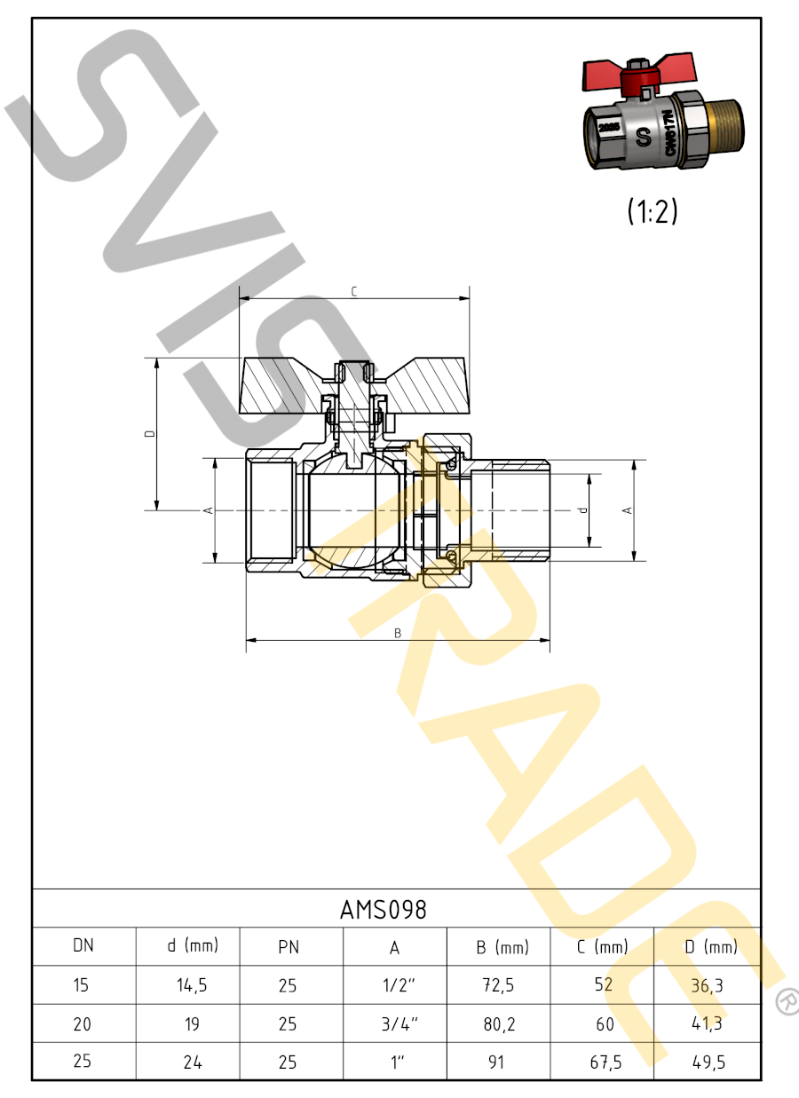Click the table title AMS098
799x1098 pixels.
[383, 910]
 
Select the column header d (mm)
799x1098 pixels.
[193, 945]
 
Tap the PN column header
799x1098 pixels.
[289, 947]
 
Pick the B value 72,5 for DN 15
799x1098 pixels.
[499, 984]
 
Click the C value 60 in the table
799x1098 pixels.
[605, 1023]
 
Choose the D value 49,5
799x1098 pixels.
[708, 1062]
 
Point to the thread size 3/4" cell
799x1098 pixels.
[399, 1023]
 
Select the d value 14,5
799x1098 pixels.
[192, 984]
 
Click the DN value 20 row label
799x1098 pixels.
[83, 1023]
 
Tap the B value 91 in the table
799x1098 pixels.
[496, 1062]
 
